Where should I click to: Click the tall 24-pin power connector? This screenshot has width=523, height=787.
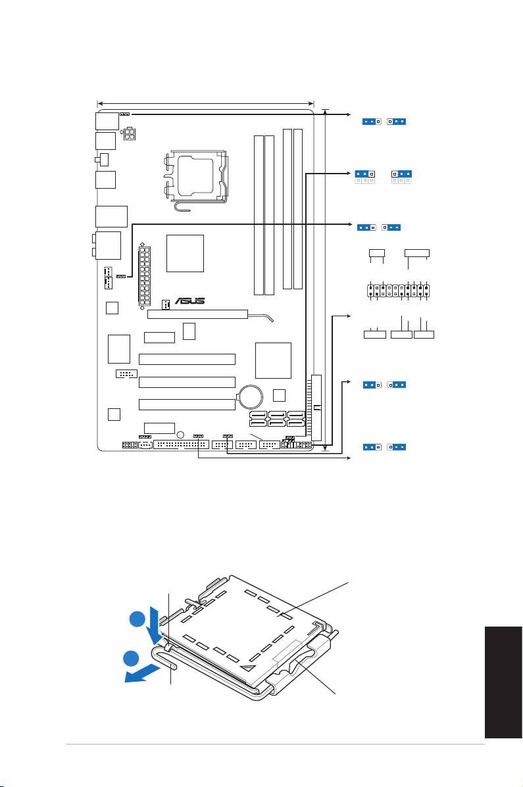pos(145,276)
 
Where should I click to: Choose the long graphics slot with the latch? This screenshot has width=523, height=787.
pos(197,314)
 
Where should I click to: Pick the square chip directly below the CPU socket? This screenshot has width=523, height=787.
pos(186,253)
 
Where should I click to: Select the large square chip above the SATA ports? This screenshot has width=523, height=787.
pos(273,360)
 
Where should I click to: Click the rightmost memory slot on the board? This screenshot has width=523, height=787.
pos(299,209)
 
